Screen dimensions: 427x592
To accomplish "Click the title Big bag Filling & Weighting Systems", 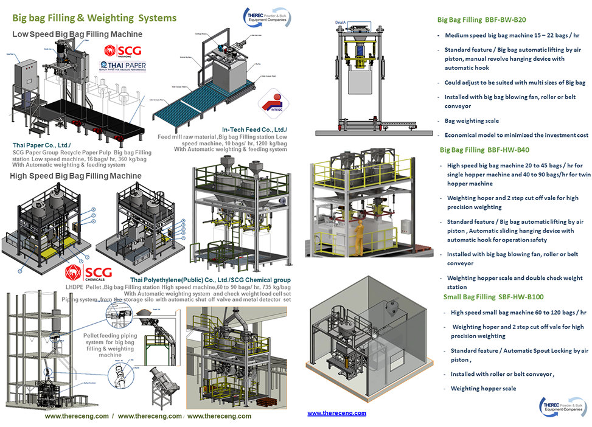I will point(94,18).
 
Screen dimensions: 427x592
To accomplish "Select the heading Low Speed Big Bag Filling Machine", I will point(77,34).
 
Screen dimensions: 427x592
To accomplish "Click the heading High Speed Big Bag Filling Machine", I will point(76,176).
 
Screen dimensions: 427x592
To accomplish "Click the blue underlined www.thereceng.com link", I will point(336,413).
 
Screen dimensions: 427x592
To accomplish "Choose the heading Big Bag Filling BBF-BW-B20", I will point(482,19).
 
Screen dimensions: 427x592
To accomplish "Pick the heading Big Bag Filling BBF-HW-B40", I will point(484,150).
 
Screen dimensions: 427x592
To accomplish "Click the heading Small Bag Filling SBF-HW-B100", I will point(493,296).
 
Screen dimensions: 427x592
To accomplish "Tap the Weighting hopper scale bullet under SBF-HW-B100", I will point(483,388).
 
